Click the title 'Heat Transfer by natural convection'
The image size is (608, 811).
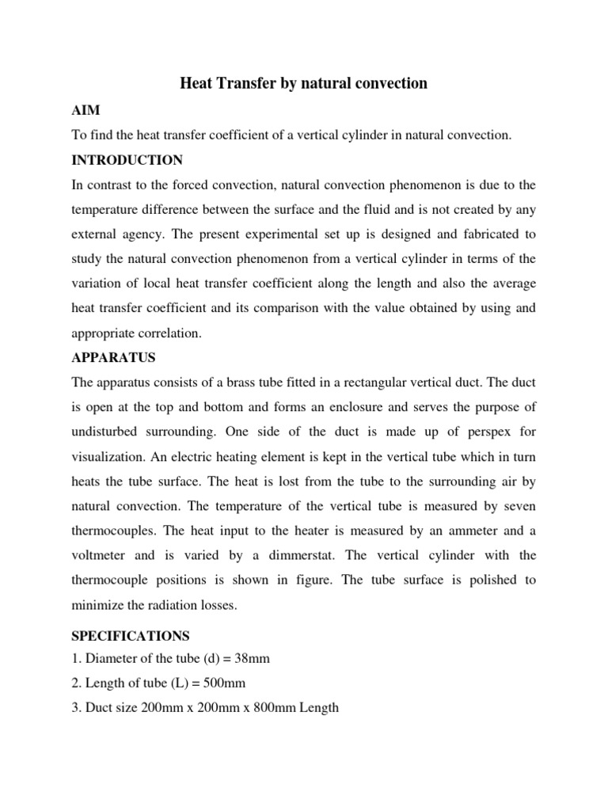pyautogui.click(x=304, y=83)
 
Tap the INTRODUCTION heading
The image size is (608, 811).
pyautogui.click(x=127, y=160)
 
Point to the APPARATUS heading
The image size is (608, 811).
pyautogui.click(x=113, y=357)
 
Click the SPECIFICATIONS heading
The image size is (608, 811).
pyautogui.click(x=129, y=634)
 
